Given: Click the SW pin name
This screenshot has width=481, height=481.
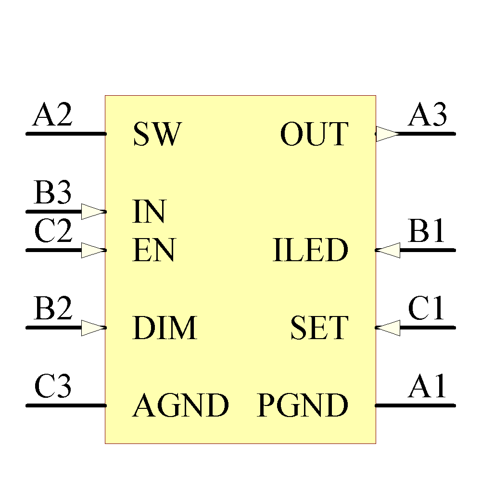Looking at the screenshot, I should pos(157,134).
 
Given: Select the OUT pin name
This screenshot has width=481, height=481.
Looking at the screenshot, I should pos(314,134).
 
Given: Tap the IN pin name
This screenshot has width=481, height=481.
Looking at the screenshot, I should pos(149,212).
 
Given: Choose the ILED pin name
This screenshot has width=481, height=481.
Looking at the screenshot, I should pos(310,251).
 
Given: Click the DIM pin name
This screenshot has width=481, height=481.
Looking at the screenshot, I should pos(165,328).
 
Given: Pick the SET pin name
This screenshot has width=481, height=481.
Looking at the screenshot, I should pos(318,328).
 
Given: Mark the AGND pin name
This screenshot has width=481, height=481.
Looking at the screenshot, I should pos(180,406).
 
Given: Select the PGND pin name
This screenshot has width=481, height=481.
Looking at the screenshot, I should pos(303,406).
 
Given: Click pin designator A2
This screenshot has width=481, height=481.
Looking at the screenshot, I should pos(52,115).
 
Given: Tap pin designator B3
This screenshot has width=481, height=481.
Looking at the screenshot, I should pos(52,193).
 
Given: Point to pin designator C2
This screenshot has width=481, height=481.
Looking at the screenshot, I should pos(53,232).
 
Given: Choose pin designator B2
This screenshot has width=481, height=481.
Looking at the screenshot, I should pos(52,309).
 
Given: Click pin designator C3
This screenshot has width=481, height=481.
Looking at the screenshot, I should pos(52,387).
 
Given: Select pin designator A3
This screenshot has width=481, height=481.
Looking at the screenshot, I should pos(428,115).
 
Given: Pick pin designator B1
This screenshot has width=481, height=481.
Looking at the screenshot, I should pos(427,232).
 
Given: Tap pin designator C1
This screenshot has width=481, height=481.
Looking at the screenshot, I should pos(427,309).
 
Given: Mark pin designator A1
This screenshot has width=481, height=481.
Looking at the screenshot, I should pos(428,387).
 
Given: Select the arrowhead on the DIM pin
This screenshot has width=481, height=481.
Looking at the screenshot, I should pos(93,328).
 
